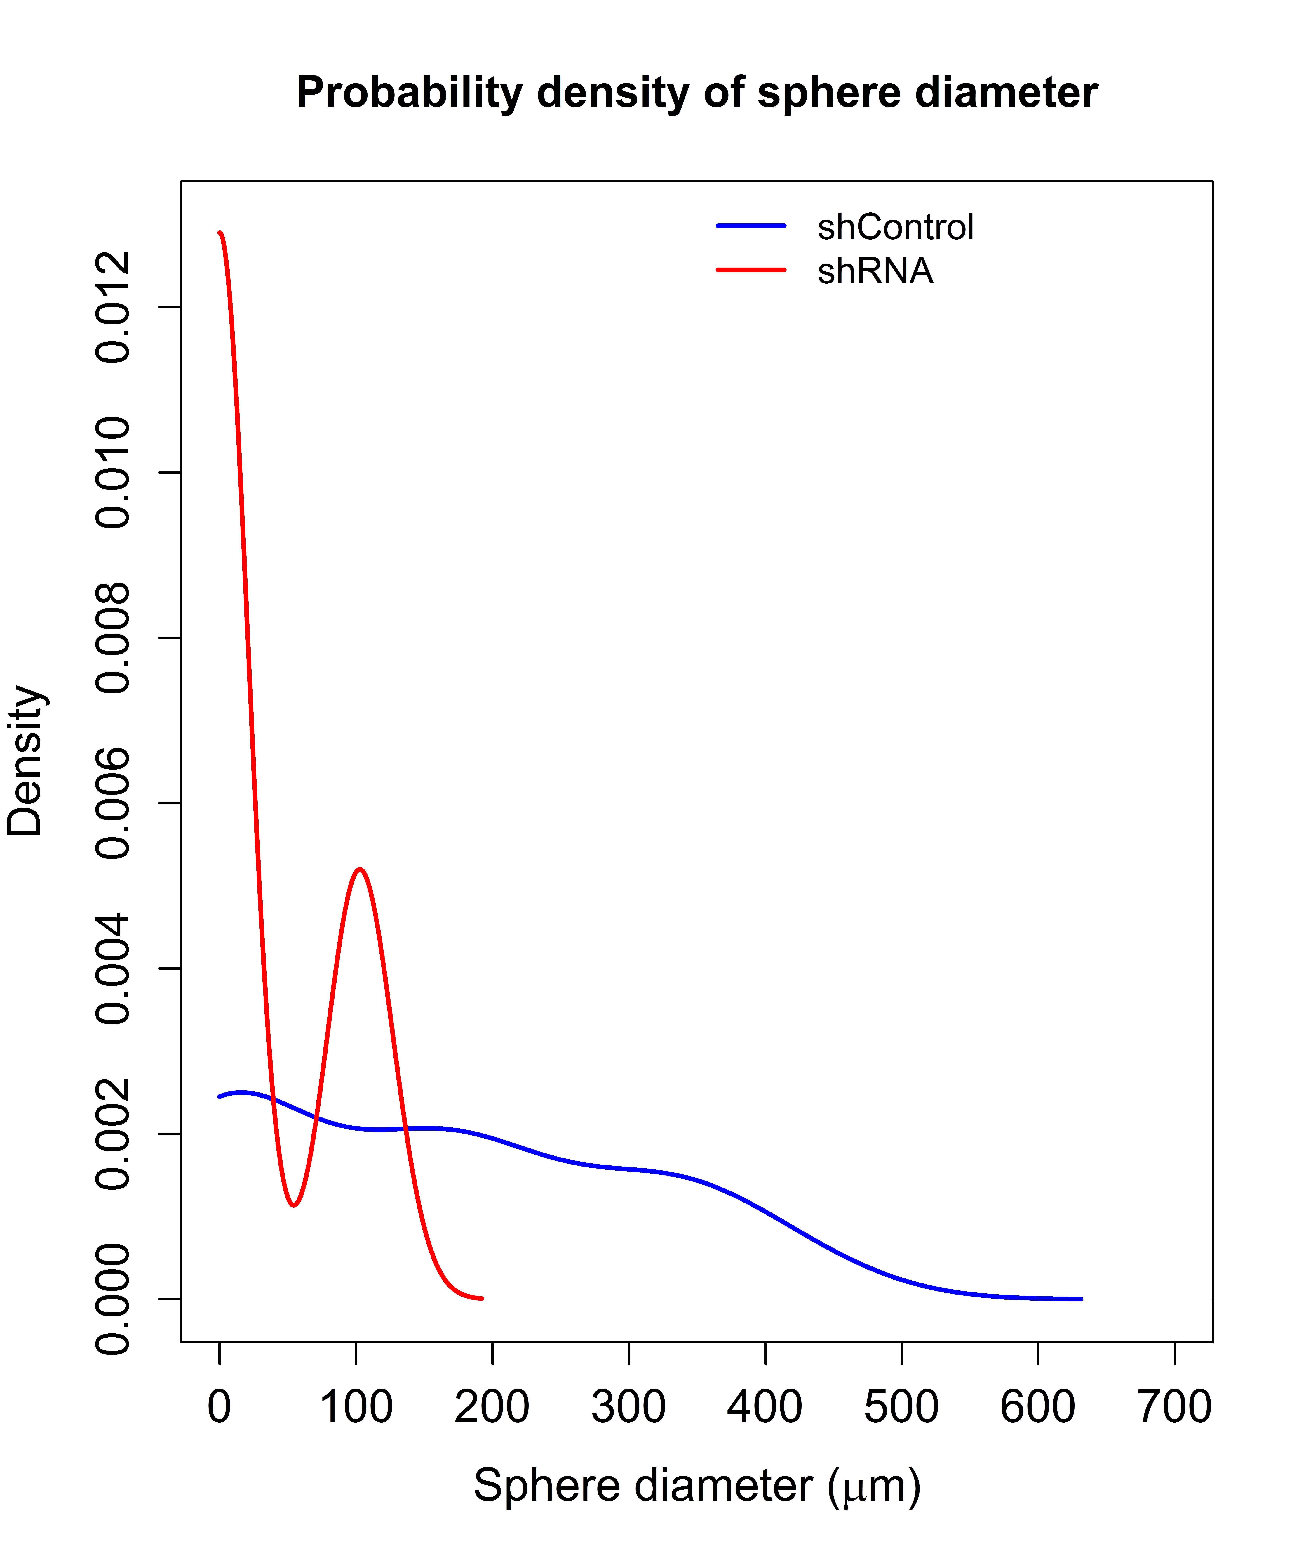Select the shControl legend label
[896, 227]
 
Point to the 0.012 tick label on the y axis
[113, 307]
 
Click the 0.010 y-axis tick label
[113, 473]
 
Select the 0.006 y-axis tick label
[113, 803]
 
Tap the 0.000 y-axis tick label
[113, 1299]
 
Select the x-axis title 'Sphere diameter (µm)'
[697, 1486]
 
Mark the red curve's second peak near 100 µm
[360, 869]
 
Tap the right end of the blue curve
[1081, 1299]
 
